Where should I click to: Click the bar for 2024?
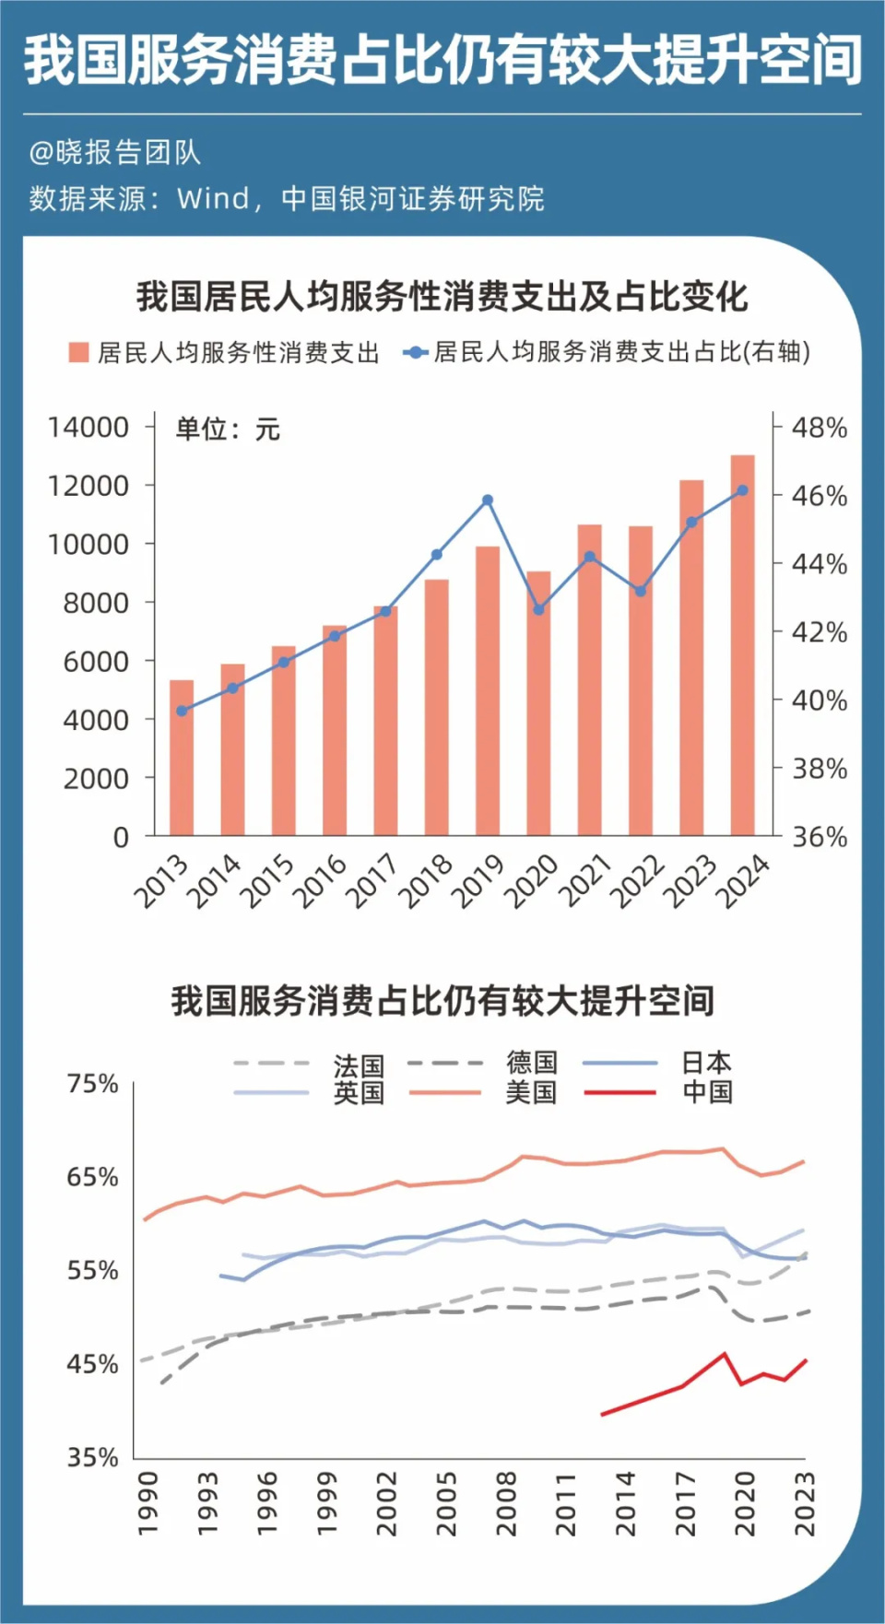point(742,645)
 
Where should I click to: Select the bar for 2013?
point(182,758)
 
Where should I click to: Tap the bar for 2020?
point(538,703)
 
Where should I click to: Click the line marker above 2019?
point(488,500)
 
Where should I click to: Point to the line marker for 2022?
point(641,591)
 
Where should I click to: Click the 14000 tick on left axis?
point(88,428)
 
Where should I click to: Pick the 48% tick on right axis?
point(820,428)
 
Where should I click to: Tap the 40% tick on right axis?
point(820,700)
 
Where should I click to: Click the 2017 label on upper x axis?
point(372,879)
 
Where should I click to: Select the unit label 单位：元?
point(228,430)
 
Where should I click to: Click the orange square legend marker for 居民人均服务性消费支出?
point(79,352)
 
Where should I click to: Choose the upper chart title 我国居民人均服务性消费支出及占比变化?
point(442,297)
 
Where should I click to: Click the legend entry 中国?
point(707,1092)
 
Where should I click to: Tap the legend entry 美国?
point(531,1092)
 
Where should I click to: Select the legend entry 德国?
point(531,1063)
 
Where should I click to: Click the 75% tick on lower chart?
point(92,1084)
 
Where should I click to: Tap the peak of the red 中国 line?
point(725,1354)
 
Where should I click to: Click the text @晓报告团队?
point(114,153)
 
